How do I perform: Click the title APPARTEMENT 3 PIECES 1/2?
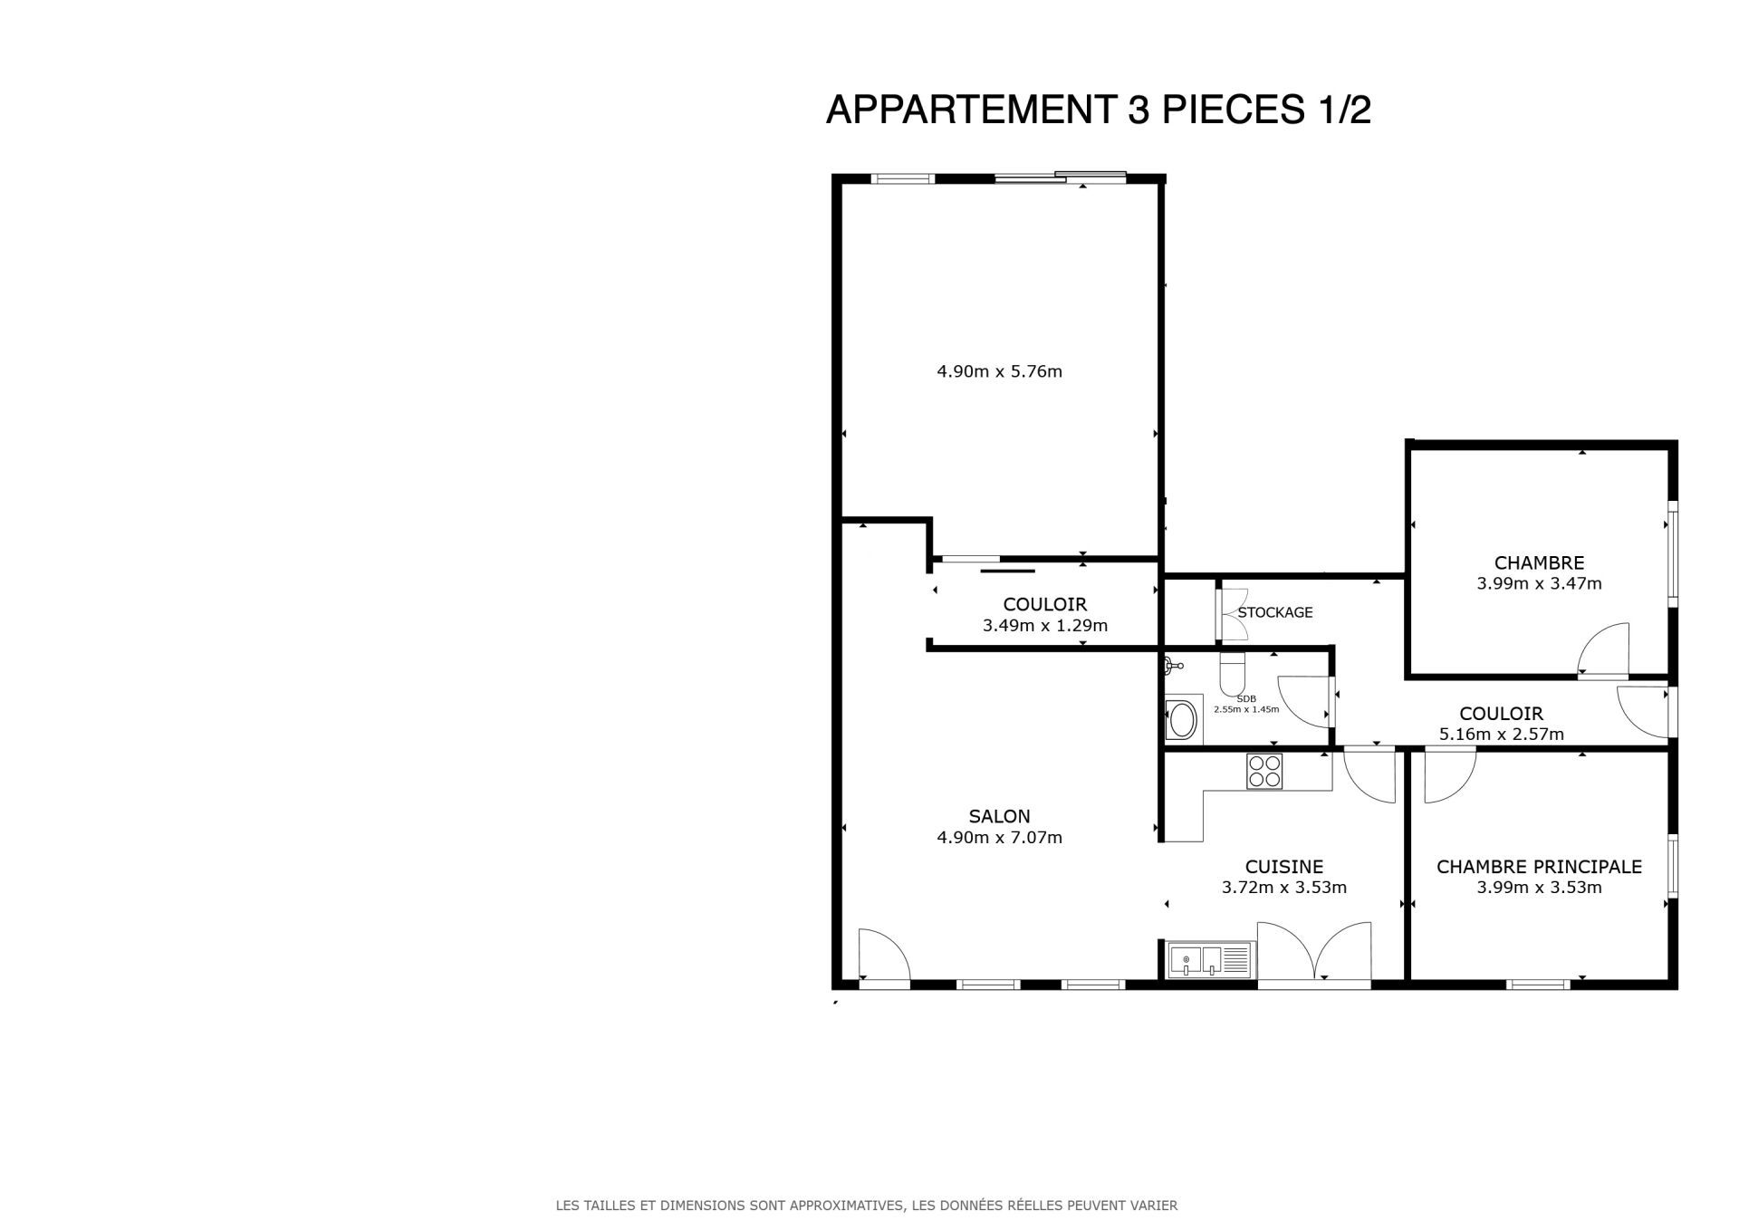click(x=1099, y=110)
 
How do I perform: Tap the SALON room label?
click(x=999, y=816)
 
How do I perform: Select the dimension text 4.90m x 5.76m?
click(x=999, y=371)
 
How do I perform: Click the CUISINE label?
click(x=1283, y=867)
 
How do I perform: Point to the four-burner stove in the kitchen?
click(x=1263, y=771)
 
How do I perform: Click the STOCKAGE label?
click(x=1275, y=612)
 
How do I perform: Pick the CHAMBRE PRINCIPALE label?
click(x=1539, y=867)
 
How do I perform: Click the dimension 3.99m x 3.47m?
click(x=1539, y=584)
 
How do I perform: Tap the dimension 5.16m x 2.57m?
click(x=1501, y=735)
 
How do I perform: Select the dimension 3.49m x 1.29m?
click(x=1044, y=626)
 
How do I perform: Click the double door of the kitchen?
click(x=1314, y=951)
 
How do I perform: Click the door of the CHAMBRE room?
click(x=1602, y=650)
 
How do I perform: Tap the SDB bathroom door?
click(x=1304, y=702)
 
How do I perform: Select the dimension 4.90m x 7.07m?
click(x=999, y=838)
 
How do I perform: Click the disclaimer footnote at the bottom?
click(x=866, y=1206)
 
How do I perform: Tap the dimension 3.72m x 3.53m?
click(x=1283, y=888)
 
